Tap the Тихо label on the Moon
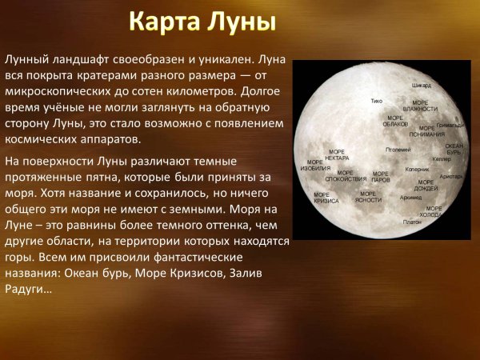pyautogui.click(x=376, y=102)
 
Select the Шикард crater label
pyautogui.click(x=421, y=84)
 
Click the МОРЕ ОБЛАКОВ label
pyautogui.click(x=396, y=122)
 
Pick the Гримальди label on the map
pyautogui.click(x=450, y=126)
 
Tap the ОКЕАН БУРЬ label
pyautogui.click(x=454, y=149)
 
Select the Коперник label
pyautogui.click(x=418, y=169)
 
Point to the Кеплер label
pyautogui.click(x=442, y=159)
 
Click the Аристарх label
pyautogui.click(x=452, y=176)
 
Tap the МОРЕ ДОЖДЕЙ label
pyautogui.click(x=426, y=185)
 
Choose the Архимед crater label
pyautogui.click(x=410, y=197)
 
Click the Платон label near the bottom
pyautogui.click(x=411, y=222)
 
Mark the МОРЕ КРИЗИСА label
pyautogui.click(x=325, y=198)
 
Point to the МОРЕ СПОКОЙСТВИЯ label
pyautogui.click(x=345, y=175)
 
